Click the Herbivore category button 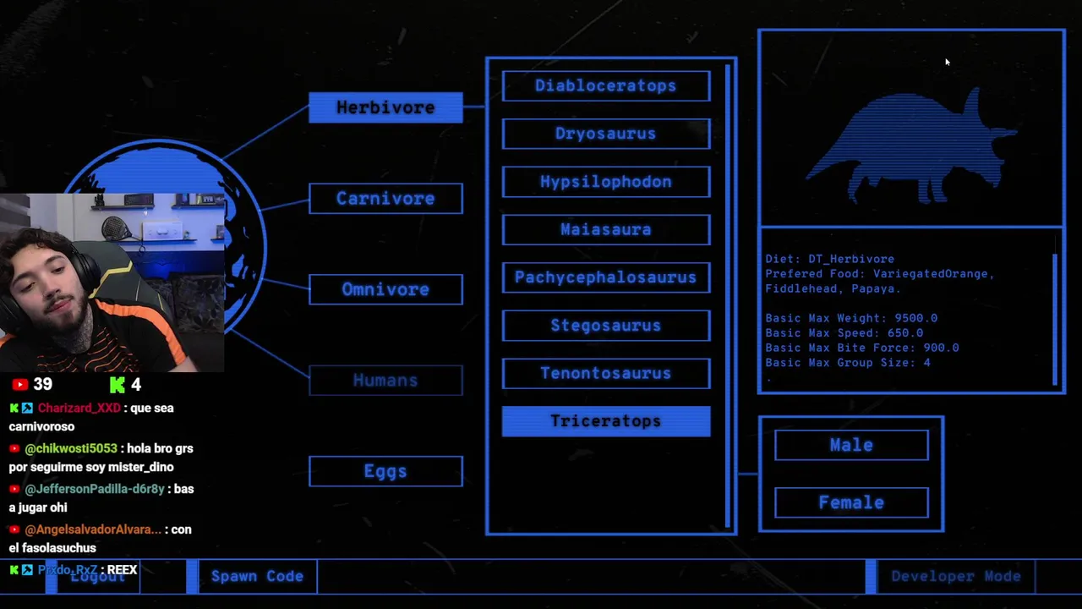(385, 107)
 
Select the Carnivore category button (385, 199)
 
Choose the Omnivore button (385, 289)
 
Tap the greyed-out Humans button (385, 381)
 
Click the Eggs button (385, 471)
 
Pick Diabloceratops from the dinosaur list (606, 85)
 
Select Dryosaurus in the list (606, 134)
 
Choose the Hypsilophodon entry (606, 182)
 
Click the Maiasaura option (606, 229)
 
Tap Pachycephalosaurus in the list (606, 277)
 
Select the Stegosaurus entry (606, 326)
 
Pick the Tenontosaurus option (606, 373)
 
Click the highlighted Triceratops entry (606, 421)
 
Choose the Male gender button (851, 445)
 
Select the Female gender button (851, 502)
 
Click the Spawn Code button (257, 576)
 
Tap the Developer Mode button (955, 576)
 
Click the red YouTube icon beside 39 (20, 385)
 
